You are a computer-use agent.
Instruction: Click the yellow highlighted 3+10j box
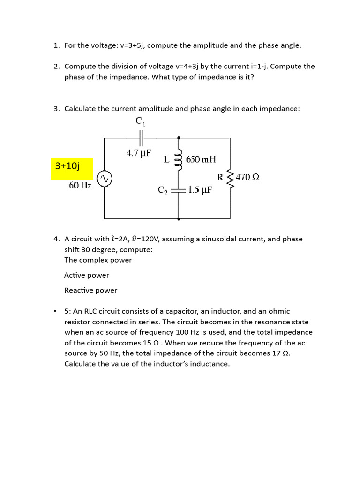point(72,168)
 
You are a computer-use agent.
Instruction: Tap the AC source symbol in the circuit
point(104,178)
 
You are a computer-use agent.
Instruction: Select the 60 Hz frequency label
point(80,185)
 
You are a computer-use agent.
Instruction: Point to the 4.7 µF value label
point(139,153)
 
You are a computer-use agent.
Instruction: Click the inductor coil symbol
point(179,160)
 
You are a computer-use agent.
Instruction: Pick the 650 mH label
point(201,159)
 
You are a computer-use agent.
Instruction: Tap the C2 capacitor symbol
point(179,190)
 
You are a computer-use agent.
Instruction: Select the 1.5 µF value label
point(200,190)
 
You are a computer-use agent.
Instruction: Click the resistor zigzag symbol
point(230,177)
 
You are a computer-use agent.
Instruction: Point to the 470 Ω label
point(247,177)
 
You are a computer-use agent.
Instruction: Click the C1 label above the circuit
point(141,121)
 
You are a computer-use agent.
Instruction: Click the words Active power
point(87,275)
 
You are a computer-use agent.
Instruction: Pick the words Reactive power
point(90,290)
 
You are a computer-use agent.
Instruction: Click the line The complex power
point(98,260)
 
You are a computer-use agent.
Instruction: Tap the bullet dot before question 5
point(55,311)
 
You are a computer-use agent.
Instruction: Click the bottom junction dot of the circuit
point(179,218)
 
